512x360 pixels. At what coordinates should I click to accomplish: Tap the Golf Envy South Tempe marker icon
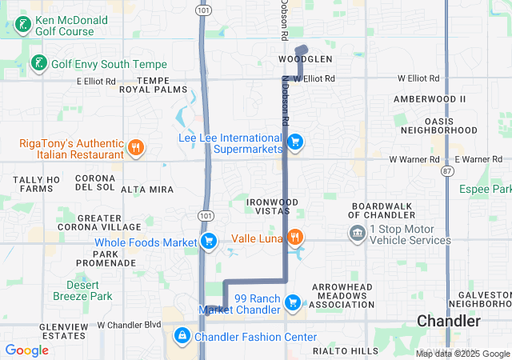(38, 63)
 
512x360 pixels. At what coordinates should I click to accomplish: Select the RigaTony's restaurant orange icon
(136, 147)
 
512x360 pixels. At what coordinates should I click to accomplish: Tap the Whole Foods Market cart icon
(209, 242)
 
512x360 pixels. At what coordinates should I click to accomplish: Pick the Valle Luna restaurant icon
(295, 237)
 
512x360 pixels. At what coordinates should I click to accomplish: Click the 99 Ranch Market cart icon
(294, 302)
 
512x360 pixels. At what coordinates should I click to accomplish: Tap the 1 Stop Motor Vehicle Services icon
(358, 233)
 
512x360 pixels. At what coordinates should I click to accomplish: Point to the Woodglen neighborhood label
(305, 60)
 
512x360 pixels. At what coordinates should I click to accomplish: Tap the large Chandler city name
(449, 322)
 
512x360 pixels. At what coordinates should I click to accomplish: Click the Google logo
(26, 350)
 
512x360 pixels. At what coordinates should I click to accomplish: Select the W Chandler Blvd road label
(129, 326)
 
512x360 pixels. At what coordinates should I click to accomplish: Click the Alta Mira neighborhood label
(147, 190)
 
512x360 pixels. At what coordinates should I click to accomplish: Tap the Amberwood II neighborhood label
(429, 98)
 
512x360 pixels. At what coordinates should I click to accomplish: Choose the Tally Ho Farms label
(38, 184)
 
